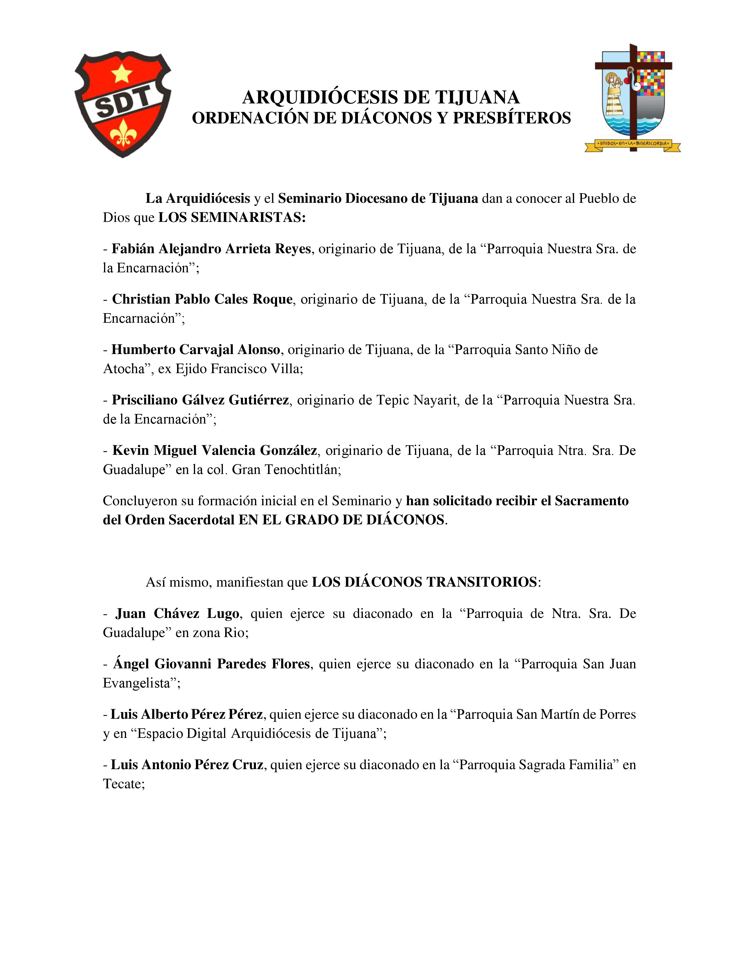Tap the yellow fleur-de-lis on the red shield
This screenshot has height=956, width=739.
click(x=122, y=134)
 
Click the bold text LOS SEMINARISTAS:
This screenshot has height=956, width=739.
click(x=232, y=218)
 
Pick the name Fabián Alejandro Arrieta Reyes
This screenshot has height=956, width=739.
click(x=211, y=249)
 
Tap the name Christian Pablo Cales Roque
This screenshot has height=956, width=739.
click(x=202, y=299)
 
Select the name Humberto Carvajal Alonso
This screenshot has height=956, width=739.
click(x=196, y=349)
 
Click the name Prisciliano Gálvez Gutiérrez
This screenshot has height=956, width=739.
click(x=200, y=400)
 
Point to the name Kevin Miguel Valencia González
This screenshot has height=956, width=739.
click(x=214, y=450)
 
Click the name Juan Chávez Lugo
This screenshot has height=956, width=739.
click(x=177, y=613)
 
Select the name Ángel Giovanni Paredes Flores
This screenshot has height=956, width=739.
click(x=212, y=664)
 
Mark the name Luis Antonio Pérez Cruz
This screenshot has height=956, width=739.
click(x=187, y=764)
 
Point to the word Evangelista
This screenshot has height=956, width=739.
click(x=136, y=683)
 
